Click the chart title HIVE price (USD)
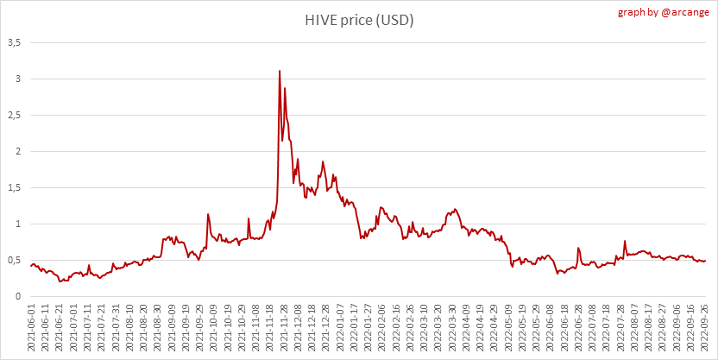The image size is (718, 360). [x=359, y=20]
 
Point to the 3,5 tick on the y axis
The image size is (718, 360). [x=15, y=42]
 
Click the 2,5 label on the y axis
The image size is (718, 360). [x=15, y=115]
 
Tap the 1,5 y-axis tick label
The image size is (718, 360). [x=15, y=187]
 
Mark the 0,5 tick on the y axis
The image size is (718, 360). [x=15, y=260]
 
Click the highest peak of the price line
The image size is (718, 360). [x=280, y=71]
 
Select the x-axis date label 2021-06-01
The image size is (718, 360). [x=31, y=328]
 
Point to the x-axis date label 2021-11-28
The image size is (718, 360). [x=284, y=328]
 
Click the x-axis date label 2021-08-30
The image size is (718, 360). [x=158, y=328]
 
